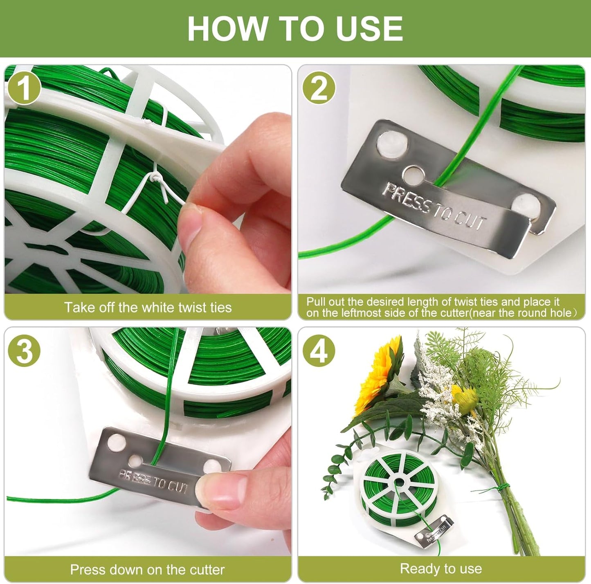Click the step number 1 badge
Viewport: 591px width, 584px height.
(24, 88)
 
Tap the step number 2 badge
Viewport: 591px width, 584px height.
(319, 88)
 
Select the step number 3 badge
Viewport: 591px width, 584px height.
(24, 350)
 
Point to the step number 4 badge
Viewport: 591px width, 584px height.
(319, 350)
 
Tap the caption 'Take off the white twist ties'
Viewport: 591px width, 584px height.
(148, 307)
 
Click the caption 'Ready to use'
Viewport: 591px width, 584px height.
(441, 568)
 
